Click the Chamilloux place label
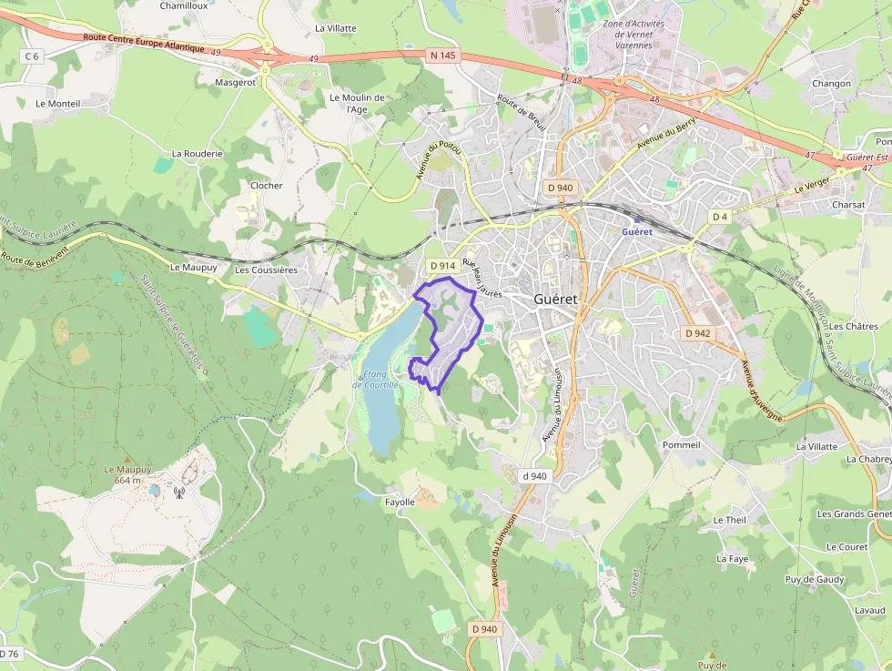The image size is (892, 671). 184,5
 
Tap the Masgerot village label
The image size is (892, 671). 236,82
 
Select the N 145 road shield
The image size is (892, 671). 441,56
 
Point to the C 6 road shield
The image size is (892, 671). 32,56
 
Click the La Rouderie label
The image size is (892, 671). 197,154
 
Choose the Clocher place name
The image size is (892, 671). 267,186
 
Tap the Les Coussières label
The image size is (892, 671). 266,269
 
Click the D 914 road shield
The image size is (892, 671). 441,266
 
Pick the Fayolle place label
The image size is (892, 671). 400,502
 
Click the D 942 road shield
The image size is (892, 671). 697,333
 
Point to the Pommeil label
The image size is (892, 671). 682,445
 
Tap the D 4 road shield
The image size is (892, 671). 720,217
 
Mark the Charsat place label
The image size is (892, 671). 848,205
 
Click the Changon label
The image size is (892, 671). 831,84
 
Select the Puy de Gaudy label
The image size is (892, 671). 815,580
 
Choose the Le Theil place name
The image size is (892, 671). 730,520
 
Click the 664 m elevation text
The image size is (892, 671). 128,480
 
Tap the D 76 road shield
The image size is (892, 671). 9,654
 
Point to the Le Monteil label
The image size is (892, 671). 57,104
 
